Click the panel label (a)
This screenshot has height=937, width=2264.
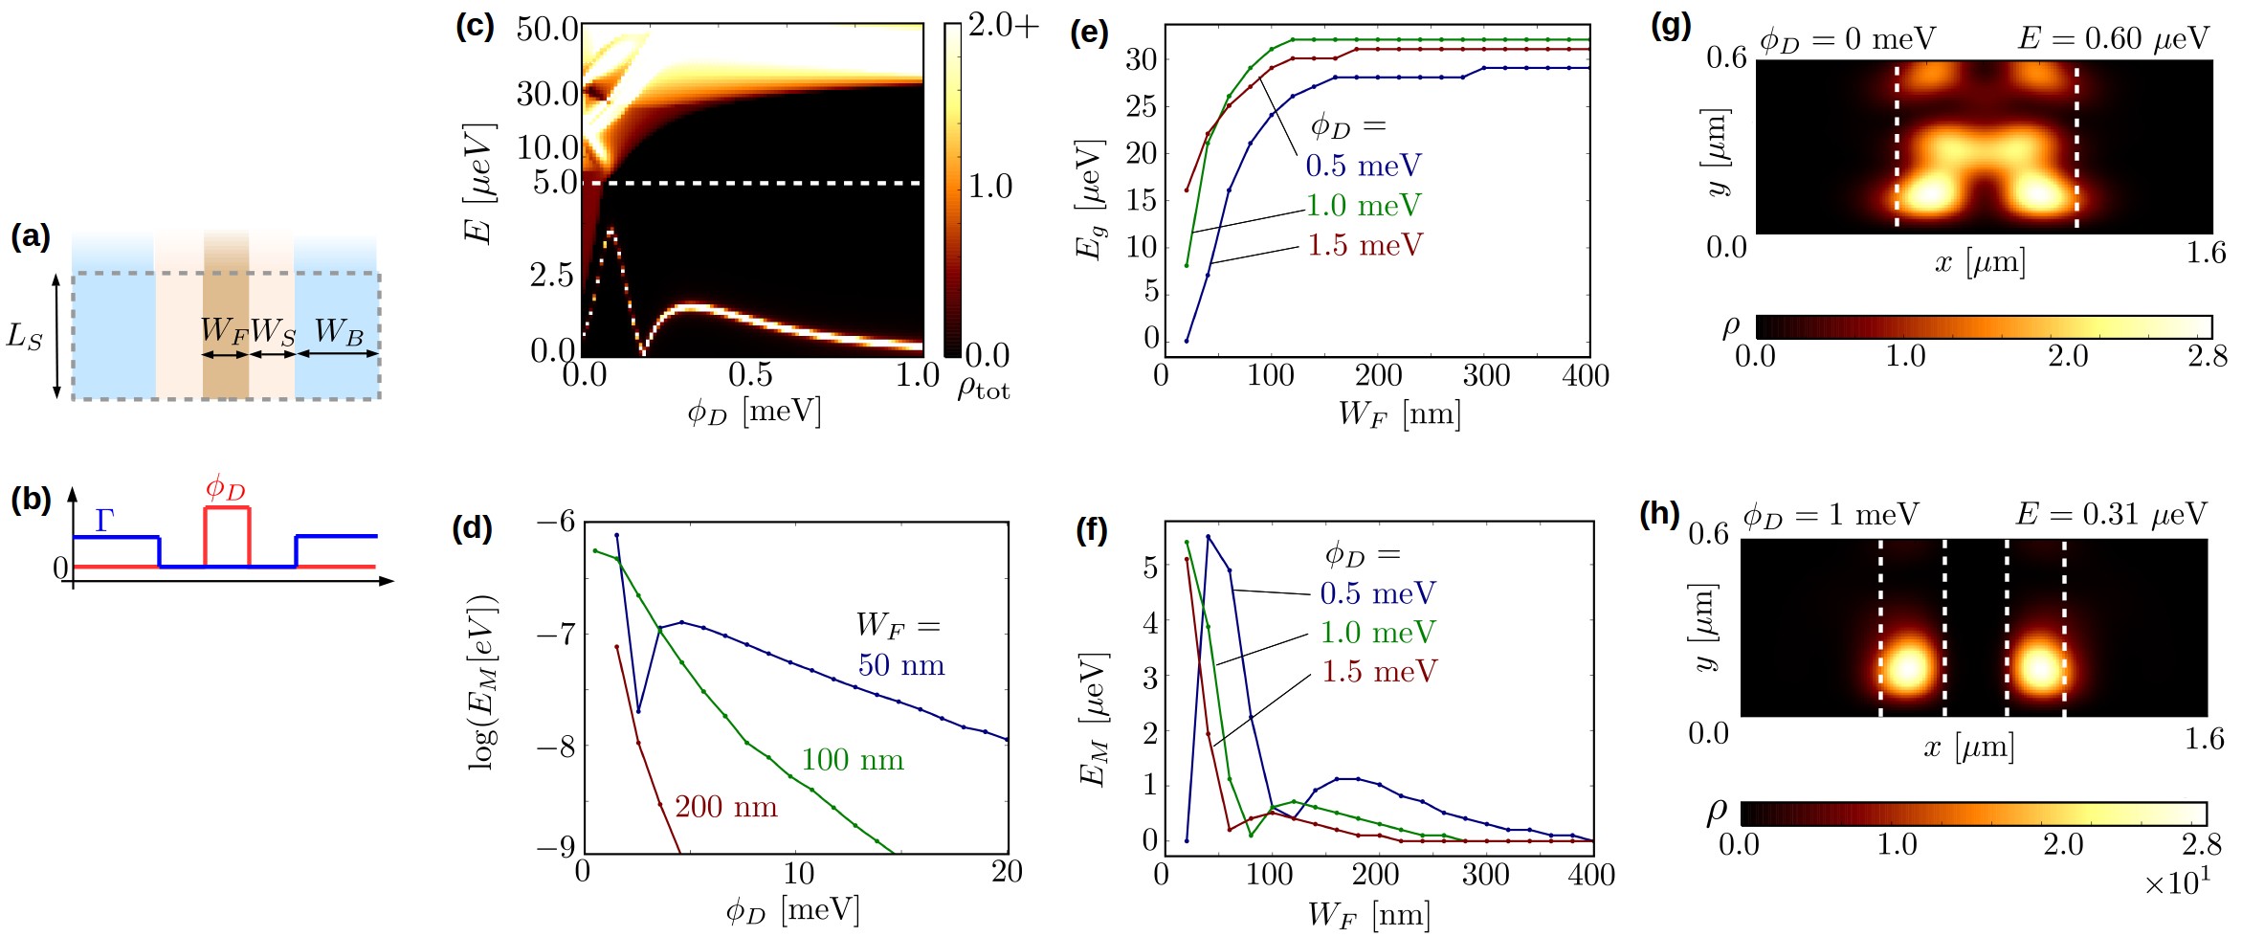click(30, 236)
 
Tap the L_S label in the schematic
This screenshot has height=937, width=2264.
click(25, 336)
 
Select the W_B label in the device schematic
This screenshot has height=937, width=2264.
click(339, 331)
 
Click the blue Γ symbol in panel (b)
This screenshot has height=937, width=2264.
click(104, 520)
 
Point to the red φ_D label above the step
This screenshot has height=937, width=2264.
click(226, 488)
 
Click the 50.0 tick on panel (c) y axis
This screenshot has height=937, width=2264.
click(547, 29)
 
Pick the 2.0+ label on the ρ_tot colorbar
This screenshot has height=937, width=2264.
click(1002, 26)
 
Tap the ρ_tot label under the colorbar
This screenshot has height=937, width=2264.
click(983, 388)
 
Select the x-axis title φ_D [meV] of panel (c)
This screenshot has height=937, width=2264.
click(754, 413)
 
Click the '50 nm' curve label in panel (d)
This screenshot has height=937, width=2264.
click(900, 665)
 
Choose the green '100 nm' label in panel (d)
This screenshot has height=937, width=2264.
click(852, 760)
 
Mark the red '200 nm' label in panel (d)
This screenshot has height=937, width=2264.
click(725, 807)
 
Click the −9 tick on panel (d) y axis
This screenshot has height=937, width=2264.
click(555, 848)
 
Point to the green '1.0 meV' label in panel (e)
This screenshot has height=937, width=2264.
click(1364, 206)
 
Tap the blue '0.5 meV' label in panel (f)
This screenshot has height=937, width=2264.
click(1378, 593)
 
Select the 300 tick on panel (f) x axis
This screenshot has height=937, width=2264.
click(1485, 875)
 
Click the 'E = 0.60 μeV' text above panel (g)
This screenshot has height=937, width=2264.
click(2113, 39)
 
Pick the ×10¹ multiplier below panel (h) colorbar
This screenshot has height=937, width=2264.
click(2177, 883)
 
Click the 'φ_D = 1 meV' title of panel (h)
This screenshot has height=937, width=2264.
click(1830, 516)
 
